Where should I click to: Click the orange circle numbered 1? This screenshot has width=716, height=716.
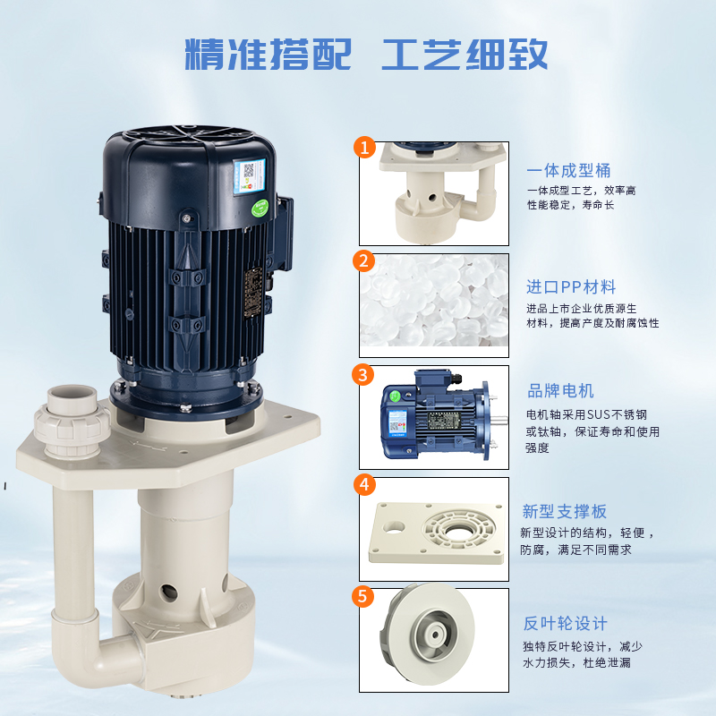(363, 148)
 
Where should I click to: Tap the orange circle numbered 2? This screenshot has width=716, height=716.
(363, 261)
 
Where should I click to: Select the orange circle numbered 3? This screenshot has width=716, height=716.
(363, 373)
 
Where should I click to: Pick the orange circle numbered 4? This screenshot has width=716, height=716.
(363, 485)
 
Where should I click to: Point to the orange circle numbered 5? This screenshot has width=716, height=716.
(363, 596)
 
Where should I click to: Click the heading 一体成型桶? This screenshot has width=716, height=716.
(568, 171)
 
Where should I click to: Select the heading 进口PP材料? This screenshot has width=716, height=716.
(570, 287)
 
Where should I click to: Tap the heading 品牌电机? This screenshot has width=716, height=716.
(560, 391)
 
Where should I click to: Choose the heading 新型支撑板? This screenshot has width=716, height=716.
(565, 512)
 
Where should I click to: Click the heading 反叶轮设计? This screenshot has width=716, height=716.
(565, 624)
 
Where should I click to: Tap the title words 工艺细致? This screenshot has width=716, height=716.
(465, 55)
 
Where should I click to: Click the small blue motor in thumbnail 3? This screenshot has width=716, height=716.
(430, 418)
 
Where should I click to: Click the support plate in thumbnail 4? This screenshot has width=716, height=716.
(434, 529)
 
